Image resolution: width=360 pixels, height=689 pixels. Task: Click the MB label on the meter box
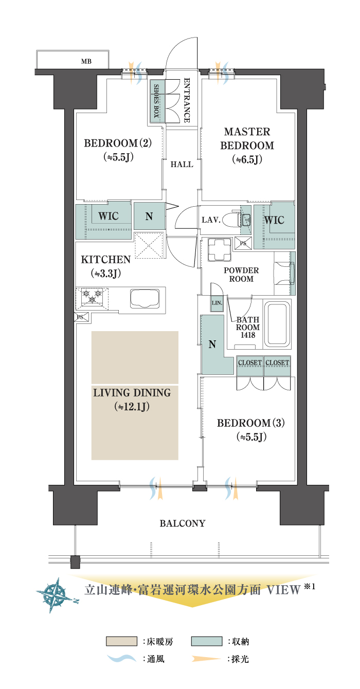click(x=86, y=62)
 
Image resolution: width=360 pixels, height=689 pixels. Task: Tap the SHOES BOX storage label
click(x=156, y=101)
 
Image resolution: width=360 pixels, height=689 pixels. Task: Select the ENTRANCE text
click(x=187, y=100)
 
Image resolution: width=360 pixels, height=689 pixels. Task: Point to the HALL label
click(x=182, y=165)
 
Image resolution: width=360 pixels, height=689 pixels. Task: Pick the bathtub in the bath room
click(x=278, y=324)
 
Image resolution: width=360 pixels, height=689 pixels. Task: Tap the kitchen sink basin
click(x=145, y=298)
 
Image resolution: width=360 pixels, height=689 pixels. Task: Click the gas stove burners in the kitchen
click(x=92, y=296)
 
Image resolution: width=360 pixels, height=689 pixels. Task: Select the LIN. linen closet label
click(x=217, y=303)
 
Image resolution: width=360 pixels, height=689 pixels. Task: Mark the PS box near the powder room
click(x=243, y=243)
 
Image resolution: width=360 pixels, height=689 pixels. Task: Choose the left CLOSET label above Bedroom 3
click(x=250, y=363)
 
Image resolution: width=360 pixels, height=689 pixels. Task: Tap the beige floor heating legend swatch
click(x=121, y=641)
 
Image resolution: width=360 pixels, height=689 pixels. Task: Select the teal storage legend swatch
click(x=207, y=641)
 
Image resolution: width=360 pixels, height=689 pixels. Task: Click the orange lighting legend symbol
click(x=206, y=659)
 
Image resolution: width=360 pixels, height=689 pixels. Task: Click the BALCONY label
click(x=183, y=523)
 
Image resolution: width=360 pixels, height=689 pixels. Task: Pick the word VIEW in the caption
click(x=283, y=590)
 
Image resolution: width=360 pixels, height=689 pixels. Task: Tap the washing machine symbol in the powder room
click(x=220, y=249)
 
